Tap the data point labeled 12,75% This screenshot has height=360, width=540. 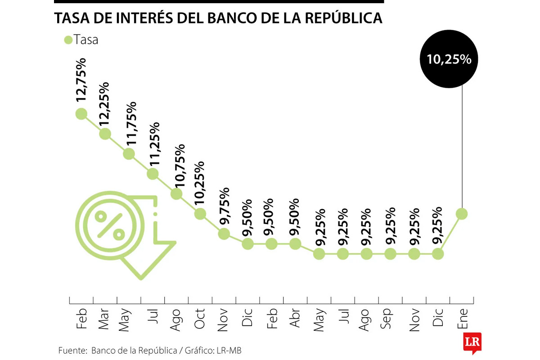pos(81,114)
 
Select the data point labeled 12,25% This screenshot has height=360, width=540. pos(105,134)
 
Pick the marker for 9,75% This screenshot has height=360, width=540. pos(224,234)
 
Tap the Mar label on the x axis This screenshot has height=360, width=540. pos(104,319)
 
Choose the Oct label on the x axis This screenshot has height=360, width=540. pos(199,319)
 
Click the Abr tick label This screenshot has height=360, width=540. pos(295,319)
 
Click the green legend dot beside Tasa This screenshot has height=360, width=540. pos(68,40)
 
